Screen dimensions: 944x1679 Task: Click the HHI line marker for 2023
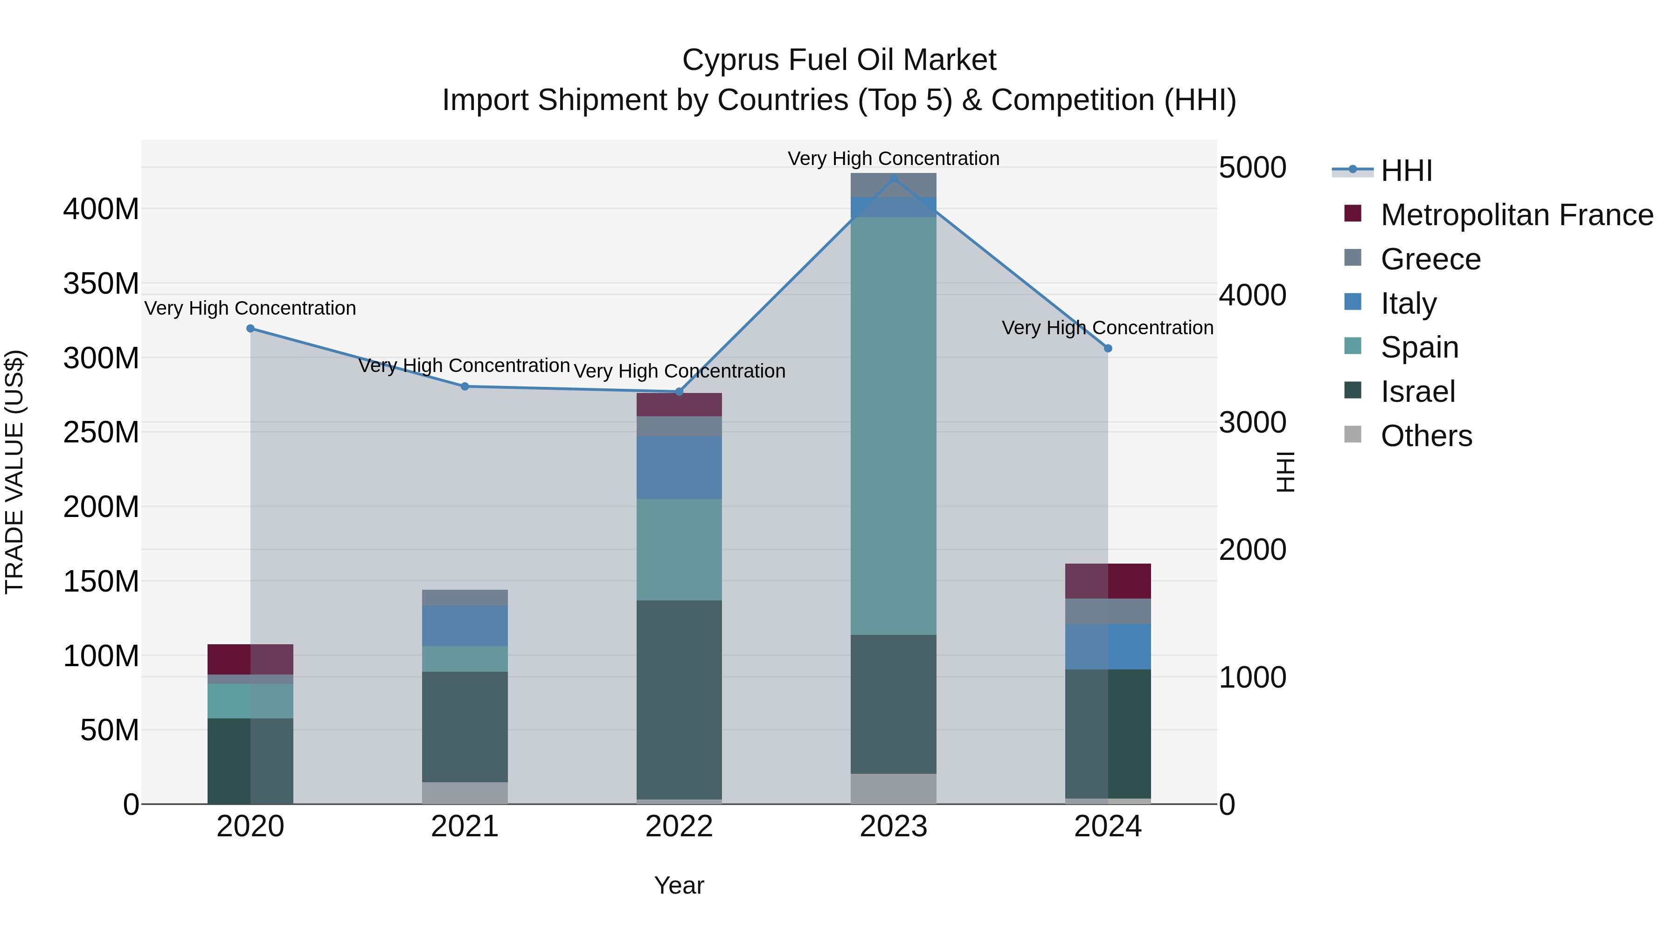[893, 178]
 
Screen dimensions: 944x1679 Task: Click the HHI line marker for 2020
[250, 328]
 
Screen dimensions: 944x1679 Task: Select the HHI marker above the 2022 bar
[679, 392]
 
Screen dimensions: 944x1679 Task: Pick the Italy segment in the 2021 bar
[464, 626]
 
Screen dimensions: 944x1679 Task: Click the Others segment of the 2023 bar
[893, 788]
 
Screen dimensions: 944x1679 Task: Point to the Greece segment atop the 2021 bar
[464, 598]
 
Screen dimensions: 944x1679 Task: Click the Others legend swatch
[1353, 434]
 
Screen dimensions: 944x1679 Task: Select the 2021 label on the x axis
[464, 827]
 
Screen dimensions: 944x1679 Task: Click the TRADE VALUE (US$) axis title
[14, 472]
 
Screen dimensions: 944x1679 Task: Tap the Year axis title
[679, 885]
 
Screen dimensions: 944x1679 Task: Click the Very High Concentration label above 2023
[893, 158]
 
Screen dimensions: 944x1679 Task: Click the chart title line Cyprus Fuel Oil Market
[839, 60]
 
